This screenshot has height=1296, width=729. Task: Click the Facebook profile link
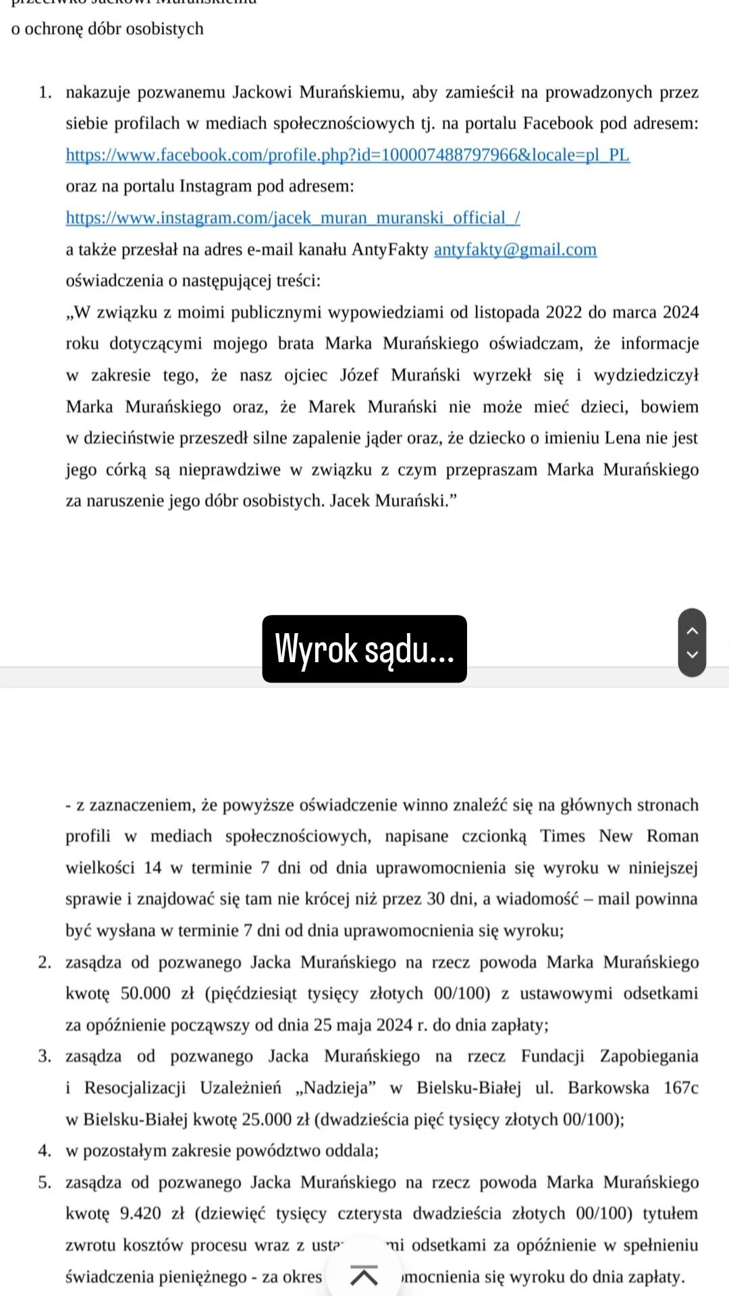coord(348,155)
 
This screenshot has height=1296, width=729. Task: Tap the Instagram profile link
coord(292,218)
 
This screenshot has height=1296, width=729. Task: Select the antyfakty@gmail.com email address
coord(515,250)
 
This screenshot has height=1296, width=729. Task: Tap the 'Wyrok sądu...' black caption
coord(364,649)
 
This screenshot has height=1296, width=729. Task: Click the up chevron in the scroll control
coord(692,630)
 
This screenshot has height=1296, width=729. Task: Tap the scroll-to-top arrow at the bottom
coord(364,1275)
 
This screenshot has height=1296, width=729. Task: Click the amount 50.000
coord(145,994)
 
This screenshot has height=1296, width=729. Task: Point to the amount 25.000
coord(267,1119)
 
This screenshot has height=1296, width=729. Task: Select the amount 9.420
coord(140,1214)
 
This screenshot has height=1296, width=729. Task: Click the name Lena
coord(622,438)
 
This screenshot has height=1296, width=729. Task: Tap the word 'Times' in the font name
coord(562,836)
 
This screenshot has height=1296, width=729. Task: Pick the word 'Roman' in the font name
coord(672,836)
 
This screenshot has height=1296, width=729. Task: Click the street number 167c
coord(680,1088)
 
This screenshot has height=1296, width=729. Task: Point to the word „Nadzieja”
coord(335,1088)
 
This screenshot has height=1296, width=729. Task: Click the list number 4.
coord(45,1151)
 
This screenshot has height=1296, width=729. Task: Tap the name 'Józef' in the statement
coord(359,375)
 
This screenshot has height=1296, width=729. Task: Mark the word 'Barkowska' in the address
coord(608,1088)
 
